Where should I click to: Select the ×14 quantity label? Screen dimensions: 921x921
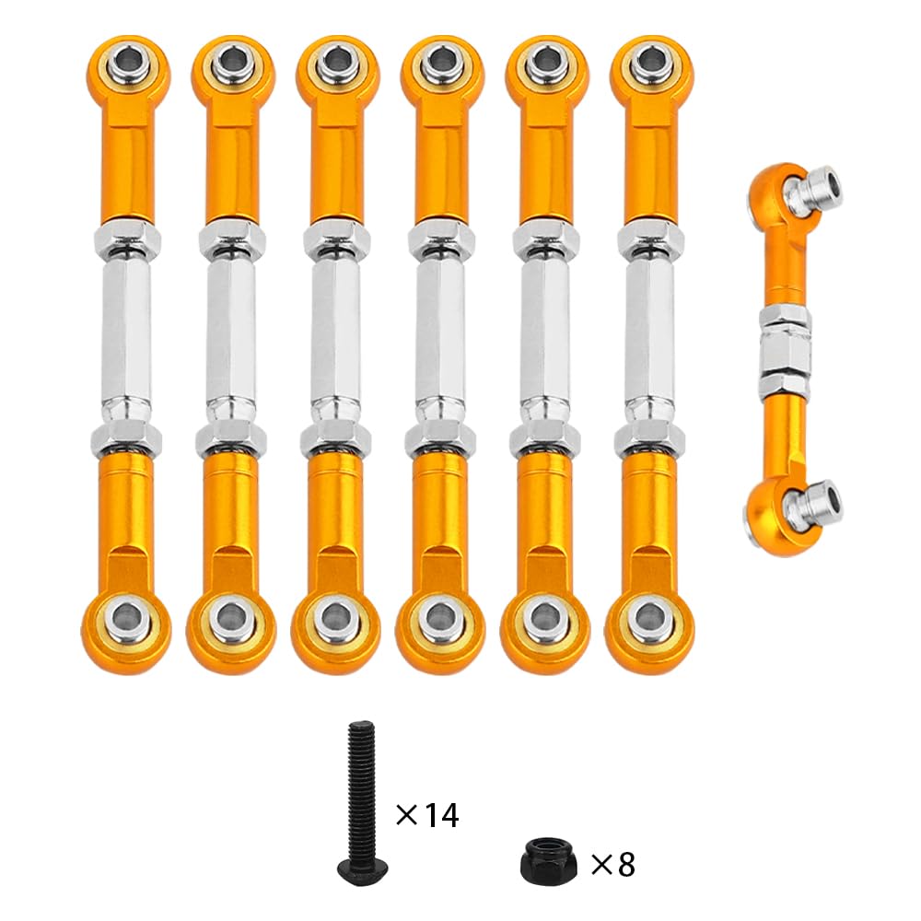pyautogui.click(x=426, y=814)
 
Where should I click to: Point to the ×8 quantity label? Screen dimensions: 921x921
pyautogui.click(x=612, y=864)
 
